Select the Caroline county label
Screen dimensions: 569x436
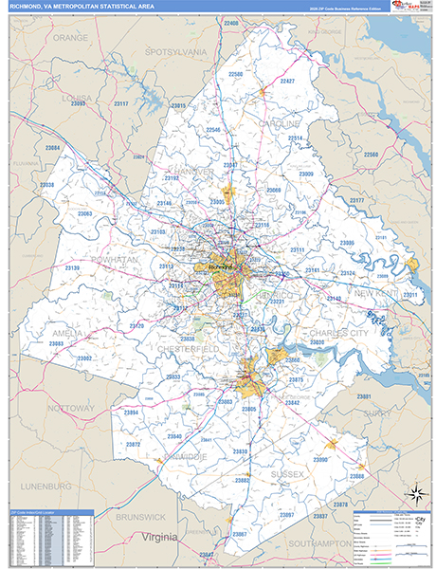click(278, 124)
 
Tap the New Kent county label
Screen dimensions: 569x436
click(378, 294)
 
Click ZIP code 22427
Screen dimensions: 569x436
click(287, 82)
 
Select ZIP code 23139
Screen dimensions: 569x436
click(72, 268)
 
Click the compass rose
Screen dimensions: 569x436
click(414, 493)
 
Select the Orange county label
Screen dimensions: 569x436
click(70, 38)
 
